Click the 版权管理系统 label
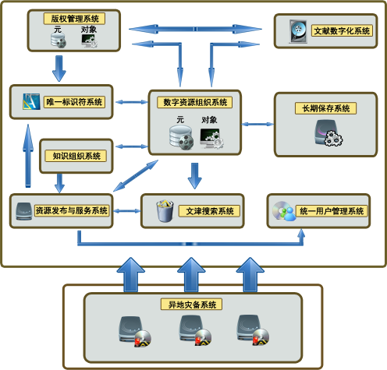point(74,19)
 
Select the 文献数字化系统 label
point(342,30)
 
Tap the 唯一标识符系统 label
point(74,102)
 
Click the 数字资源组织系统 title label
point(195,102)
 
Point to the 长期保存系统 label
point(325,108)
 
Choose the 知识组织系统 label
point(76,156)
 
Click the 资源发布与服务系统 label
point(72,210)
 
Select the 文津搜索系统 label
point(209,211)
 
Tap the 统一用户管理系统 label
point(332,211)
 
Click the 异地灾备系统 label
point(192,304)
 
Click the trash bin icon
point(165,211)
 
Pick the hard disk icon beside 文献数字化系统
point(298,31)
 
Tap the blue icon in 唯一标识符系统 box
point(31,101)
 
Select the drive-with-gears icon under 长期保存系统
point(328,132)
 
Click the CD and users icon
point(284,211)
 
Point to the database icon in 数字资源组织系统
point(181,138)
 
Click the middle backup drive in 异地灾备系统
point(195,330)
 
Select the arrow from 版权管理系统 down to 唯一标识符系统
point(59,69)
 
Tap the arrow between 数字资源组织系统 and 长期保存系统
point(257,124)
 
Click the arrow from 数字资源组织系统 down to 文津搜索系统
point(194,176)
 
